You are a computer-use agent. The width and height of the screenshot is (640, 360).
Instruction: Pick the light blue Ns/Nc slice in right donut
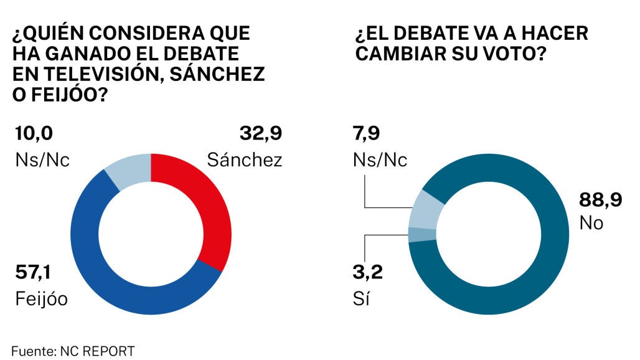coord(425,210)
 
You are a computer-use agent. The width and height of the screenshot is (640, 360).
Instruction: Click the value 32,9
coord(261,133)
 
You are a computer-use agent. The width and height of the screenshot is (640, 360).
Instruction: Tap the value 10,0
coord(34,133)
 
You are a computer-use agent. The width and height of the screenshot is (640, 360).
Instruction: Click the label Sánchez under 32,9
coord(245,159)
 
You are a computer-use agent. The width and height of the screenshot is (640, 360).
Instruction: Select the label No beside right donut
coord(591,222)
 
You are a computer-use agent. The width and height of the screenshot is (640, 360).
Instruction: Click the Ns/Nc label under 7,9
coord(381,159)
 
